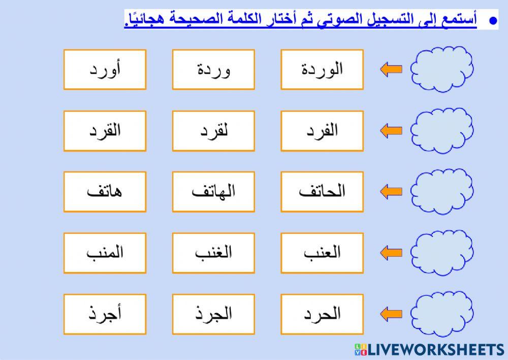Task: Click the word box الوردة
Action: coord(322,69)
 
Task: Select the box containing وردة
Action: coord(213,69)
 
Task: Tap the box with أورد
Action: coord(105,69)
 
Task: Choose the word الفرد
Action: coord(322,131)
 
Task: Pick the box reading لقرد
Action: coord(213,131)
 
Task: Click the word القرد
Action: coord(105,131)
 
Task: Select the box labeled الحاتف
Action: coord(322,191)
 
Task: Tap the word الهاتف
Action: coord(213,191)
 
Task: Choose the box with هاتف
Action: coord(105,191)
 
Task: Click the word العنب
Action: coord(322,253)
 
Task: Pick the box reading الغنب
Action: coord(213,253)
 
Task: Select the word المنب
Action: coord(105,253)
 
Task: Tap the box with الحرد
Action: coord(322,314)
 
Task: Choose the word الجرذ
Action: coord(213,314)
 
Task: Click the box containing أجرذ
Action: coord(105,314)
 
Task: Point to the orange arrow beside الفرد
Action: coord(391,131)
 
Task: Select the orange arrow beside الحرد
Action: coord(391,314)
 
